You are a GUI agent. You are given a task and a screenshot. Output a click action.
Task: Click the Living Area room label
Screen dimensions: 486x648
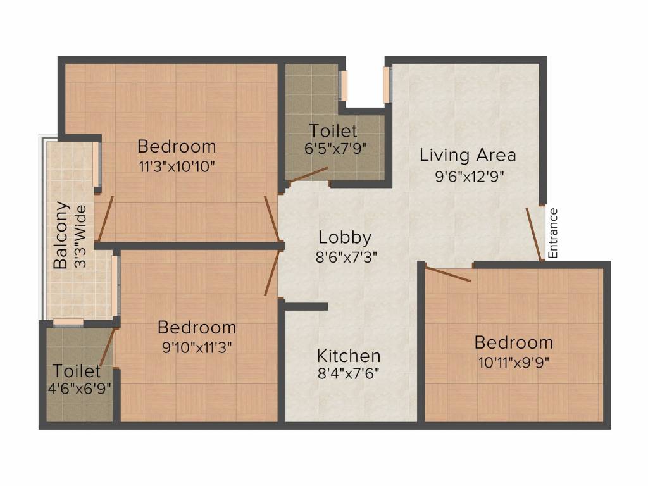point(468,155)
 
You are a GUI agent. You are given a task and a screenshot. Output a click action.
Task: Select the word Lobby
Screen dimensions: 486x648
point(345,238)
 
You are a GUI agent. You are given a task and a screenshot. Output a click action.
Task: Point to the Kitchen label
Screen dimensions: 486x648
point(349,355)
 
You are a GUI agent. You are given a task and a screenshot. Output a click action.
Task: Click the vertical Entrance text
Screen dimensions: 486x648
point(553,233)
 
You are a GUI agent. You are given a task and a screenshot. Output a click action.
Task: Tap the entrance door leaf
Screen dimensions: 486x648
point(533,234)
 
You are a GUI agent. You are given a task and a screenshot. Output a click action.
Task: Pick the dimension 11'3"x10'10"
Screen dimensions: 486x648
point(177,168)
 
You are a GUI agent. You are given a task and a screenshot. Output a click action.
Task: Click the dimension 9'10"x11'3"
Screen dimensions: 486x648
point(197,349)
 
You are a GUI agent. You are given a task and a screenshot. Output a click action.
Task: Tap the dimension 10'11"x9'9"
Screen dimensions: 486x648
point(513,363)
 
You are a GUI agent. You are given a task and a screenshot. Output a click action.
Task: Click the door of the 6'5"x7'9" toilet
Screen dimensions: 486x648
point(309,175)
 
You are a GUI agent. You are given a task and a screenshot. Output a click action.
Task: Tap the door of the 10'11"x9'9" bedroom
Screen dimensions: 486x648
point(448,274)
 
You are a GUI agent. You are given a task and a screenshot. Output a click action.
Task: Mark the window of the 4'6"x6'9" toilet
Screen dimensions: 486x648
point(68,322)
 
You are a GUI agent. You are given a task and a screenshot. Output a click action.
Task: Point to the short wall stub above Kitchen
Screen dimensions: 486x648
point(306,307)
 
